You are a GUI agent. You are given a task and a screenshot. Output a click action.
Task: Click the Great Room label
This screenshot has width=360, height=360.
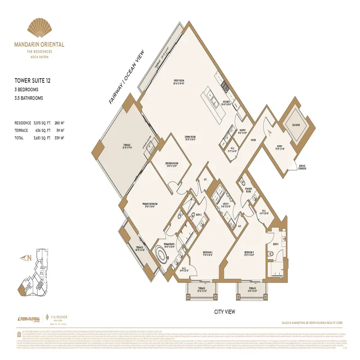180,82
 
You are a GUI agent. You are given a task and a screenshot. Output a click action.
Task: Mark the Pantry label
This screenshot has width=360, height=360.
242,131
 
